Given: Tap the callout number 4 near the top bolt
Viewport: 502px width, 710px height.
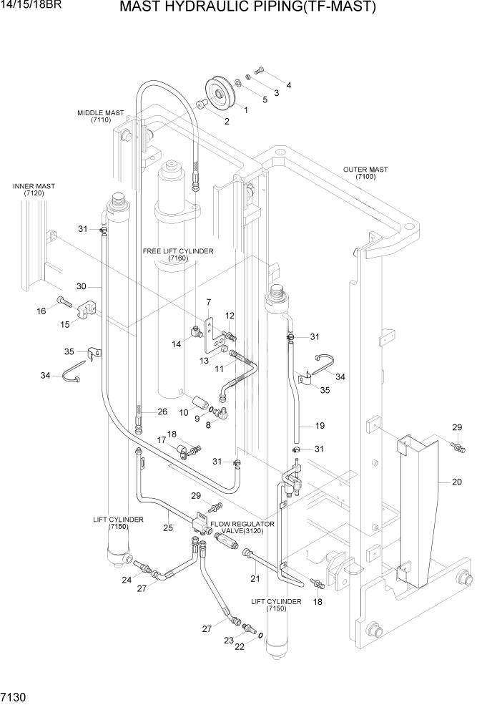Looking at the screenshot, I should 288,86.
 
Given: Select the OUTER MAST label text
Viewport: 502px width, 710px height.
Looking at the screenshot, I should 365,173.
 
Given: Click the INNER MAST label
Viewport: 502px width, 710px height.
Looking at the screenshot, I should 34,190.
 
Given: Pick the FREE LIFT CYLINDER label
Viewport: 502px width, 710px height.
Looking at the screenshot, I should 178,255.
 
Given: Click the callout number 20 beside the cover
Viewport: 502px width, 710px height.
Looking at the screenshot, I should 456,482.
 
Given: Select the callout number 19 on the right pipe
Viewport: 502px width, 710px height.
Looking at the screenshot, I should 320,426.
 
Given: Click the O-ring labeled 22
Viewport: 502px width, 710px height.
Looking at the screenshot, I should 260,636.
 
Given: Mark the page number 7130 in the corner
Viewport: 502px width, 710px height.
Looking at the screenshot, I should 12,696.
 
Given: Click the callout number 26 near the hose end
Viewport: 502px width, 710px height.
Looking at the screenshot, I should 162,412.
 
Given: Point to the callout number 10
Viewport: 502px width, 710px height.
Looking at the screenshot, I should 183,413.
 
